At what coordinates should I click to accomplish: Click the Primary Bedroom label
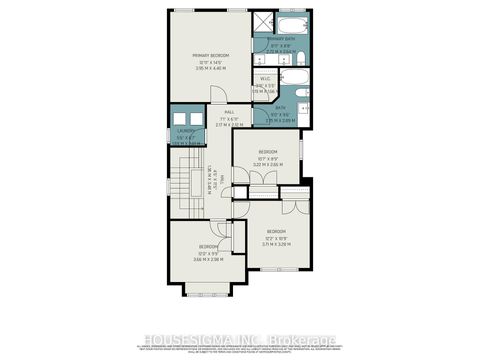pyautogui.click(x=212, y=55)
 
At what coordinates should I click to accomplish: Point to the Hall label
pyautogui.click(x=229, y=112)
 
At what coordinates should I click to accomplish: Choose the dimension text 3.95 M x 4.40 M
pyautogui.click(x=212, y=70)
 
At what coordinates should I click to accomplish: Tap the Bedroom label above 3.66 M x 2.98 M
pyautogui.click(x=208, y=246)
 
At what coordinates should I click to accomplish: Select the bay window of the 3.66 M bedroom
pyautogui.click(x=207, y=291)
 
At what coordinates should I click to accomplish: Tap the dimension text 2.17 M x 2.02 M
pyautogui.click(x=229, y=124)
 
